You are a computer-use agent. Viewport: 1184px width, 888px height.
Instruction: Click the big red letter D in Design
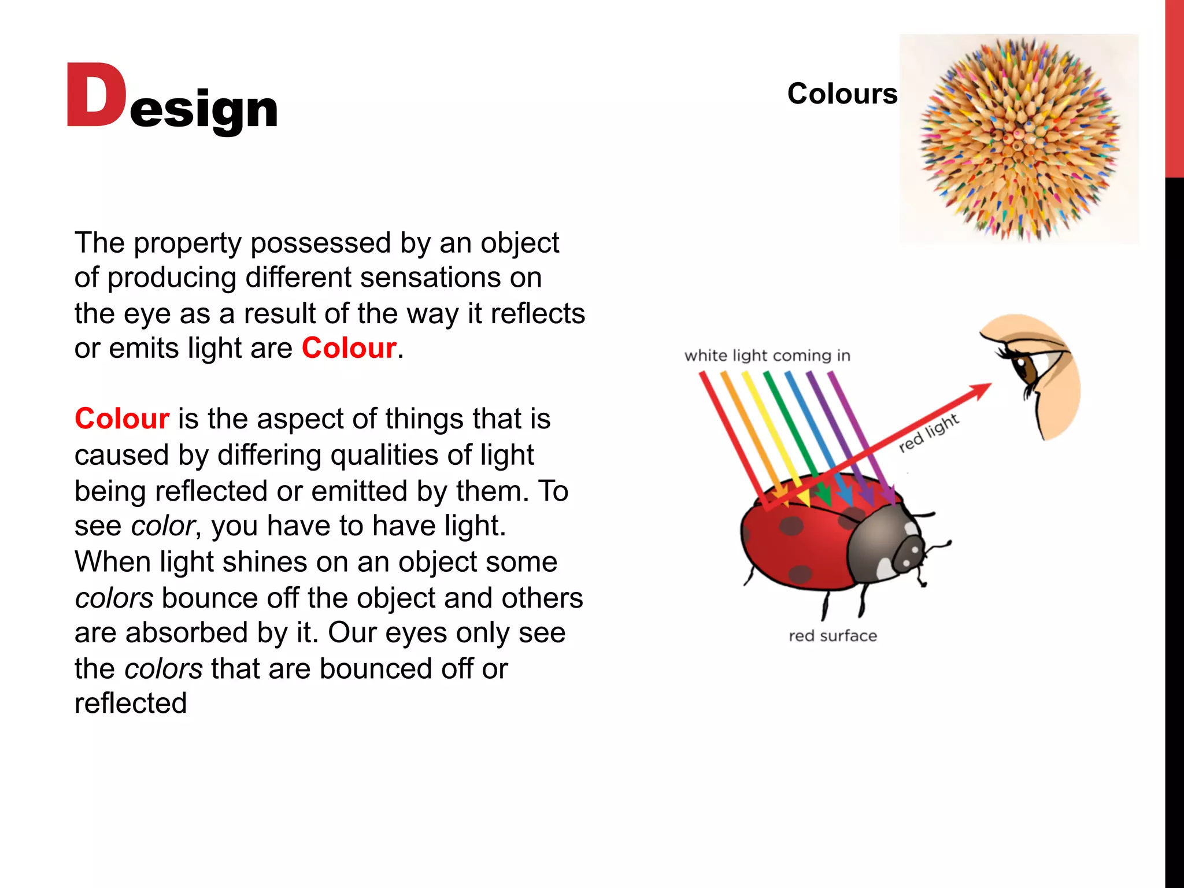pyautogui.click(x=95, y=95)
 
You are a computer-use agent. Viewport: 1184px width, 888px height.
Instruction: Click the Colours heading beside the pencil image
pyautogui.click(x=842, y=94)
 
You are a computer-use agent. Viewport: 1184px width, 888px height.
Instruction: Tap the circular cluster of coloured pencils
pyautogui.click(x=1019, y=139)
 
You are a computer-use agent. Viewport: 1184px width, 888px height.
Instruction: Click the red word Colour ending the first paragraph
pyautogui.click(x=349, y=348)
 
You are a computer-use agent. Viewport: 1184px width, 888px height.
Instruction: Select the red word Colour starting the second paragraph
pyautogui.click(x=122, y=419)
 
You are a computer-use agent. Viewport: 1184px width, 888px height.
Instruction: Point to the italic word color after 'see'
pyautogui.click(x=162, y=526)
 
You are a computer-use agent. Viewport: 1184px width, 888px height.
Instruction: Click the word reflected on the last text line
pyautogui.click(x=131, y=704)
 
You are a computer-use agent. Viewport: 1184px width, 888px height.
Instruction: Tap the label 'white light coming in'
pyautogui.click(x=767, y=355)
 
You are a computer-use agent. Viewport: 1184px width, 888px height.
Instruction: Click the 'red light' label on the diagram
pyautogui.click(x=929, y=432)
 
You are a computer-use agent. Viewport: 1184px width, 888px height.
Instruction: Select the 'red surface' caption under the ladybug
pyautogui.click(x=832, y=636)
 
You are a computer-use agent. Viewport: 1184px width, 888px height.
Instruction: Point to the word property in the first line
pyautogui.click(x=187, y=243)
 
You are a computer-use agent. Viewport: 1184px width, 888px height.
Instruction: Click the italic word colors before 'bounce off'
pyautogui.click(x=114, y=598)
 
